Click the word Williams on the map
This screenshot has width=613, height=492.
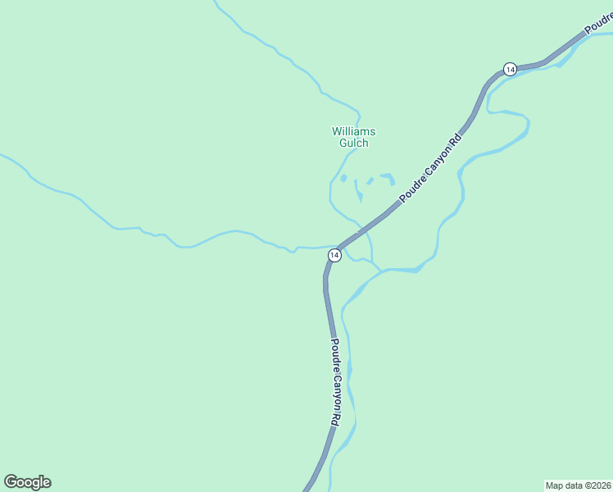click(353, 131)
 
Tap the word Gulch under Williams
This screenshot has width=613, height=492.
click(353, 143)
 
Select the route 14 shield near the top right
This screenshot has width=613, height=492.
click(510, 69)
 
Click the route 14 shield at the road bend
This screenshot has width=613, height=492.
click(334, 256)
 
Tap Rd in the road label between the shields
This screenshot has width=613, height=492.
click(456, 137)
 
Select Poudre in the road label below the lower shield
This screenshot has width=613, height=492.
click(334, 354)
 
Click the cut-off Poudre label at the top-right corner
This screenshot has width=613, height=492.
click(598, 24)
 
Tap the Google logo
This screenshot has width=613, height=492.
click(27, 482)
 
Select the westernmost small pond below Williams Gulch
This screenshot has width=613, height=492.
click(343, 178)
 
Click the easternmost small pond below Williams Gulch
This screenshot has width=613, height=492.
click(388, 178)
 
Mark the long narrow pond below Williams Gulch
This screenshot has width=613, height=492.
click(358, 190)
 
